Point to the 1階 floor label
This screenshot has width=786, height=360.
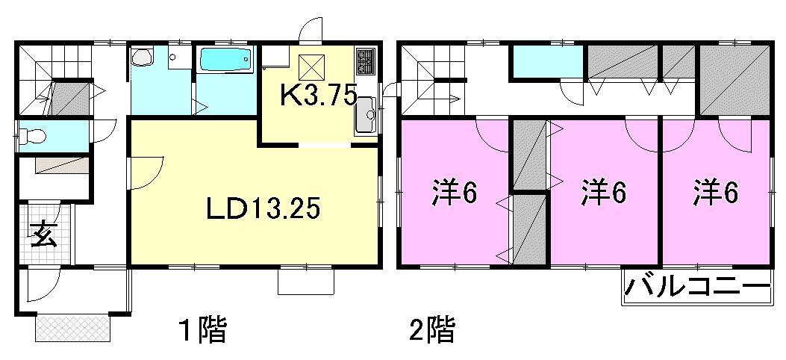[x=202, y=329]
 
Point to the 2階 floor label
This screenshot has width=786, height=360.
[x=431, y=329]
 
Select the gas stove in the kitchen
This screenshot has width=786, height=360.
[x=366, y=62]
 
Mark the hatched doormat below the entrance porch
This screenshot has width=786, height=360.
[x=73, y=326]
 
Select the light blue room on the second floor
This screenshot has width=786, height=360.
[x=547, y=62]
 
